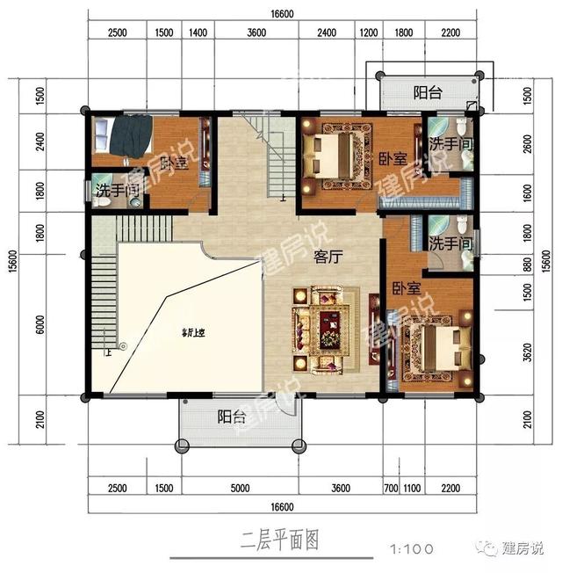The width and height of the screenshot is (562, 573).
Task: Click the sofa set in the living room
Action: (324, 326)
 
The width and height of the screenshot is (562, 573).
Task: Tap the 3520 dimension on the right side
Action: (526, 352)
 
